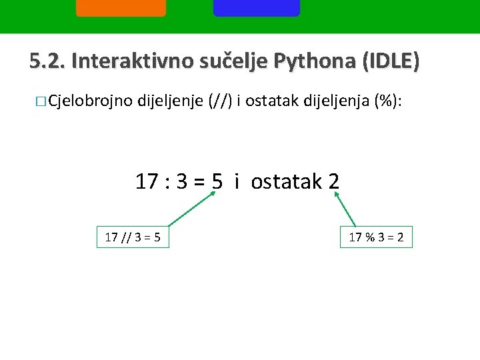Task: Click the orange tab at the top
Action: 121,8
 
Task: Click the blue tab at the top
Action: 257,8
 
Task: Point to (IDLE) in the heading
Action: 390,62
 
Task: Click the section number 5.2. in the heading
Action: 47,61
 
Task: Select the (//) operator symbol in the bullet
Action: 221,101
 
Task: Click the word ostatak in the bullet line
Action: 273,101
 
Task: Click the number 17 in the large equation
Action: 147,181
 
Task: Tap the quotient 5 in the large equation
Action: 217,181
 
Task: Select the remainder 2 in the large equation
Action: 333,181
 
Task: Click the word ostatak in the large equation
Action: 287,181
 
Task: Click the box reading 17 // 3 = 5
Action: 133,237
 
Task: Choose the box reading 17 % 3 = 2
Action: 377,237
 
